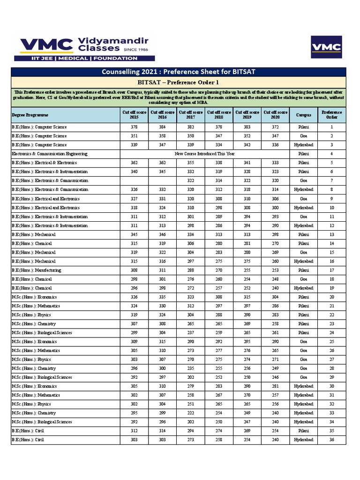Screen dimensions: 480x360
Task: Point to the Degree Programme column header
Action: (30, 115)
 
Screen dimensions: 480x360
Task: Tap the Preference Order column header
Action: (331, 115)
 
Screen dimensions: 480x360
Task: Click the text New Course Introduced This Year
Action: (204, 154)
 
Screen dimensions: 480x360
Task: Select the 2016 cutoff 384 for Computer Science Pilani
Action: (162, 127)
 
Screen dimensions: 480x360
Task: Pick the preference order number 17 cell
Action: (331, 270)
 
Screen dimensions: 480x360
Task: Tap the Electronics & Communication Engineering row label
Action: (49, 154)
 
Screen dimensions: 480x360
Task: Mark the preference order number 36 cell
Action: (331, 440)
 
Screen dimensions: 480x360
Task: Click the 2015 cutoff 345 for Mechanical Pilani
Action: (134, 234)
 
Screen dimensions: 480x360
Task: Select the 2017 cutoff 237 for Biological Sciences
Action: (190, 333)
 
